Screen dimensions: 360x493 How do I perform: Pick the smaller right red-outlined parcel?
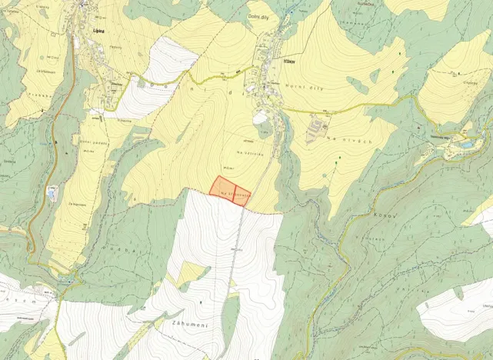[x=242, y=195]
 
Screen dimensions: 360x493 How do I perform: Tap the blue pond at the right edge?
[x=467, y=144]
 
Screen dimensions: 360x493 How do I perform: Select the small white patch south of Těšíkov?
[x=260, y=118]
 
